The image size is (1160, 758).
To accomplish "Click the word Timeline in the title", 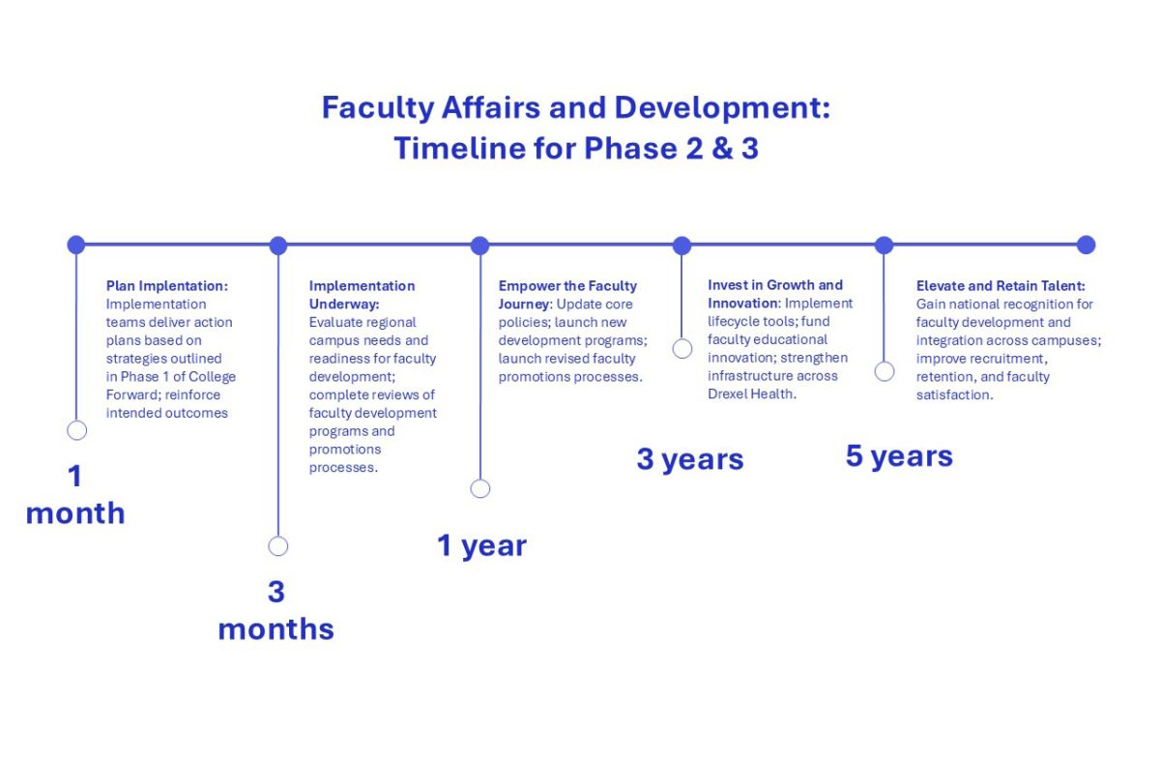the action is tap(459, 148).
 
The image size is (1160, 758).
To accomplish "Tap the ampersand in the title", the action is tap(722, 148).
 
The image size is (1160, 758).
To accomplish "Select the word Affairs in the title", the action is tap(491, 107).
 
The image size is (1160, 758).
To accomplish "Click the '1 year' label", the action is tap(481, 545).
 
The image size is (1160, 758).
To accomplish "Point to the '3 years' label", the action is tap(690, 459).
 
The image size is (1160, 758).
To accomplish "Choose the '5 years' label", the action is tap(899, 456).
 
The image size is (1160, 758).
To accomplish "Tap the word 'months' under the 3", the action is tap(276, 629).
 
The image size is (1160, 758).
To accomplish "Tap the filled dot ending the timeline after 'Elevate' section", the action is tap(1086, 245).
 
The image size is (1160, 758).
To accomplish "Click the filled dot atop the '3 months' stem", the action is tap(278, 245).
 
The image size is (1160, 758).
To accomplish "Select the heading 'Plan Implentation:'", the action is tap(166, 286).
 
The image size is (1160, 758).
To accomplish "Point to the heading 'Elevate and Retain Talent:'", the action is tap(1000, 286).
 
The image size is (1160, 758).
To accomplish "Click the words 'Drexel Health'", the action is tap(750, 394).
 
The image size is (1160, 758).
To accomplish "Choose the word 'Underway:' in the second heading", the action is tap(344, 305).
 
